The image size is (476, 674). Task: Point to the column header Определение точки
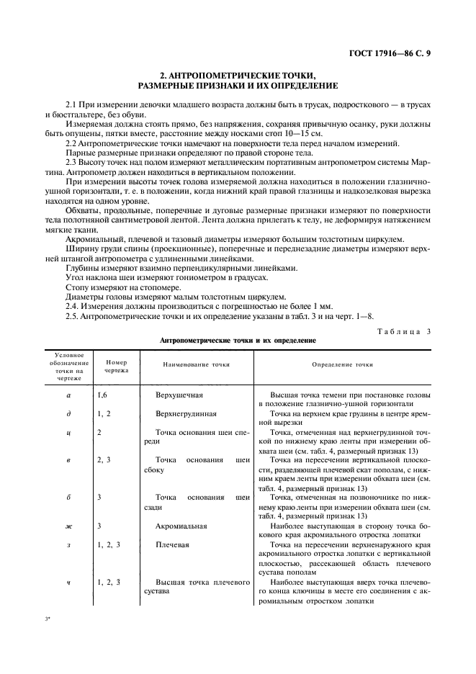[x=342, y=364]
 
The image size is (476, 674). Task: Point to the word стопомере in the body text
[x=133, y=286]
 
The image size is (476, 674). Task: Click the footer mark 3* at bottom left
[x=48, y=619]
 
